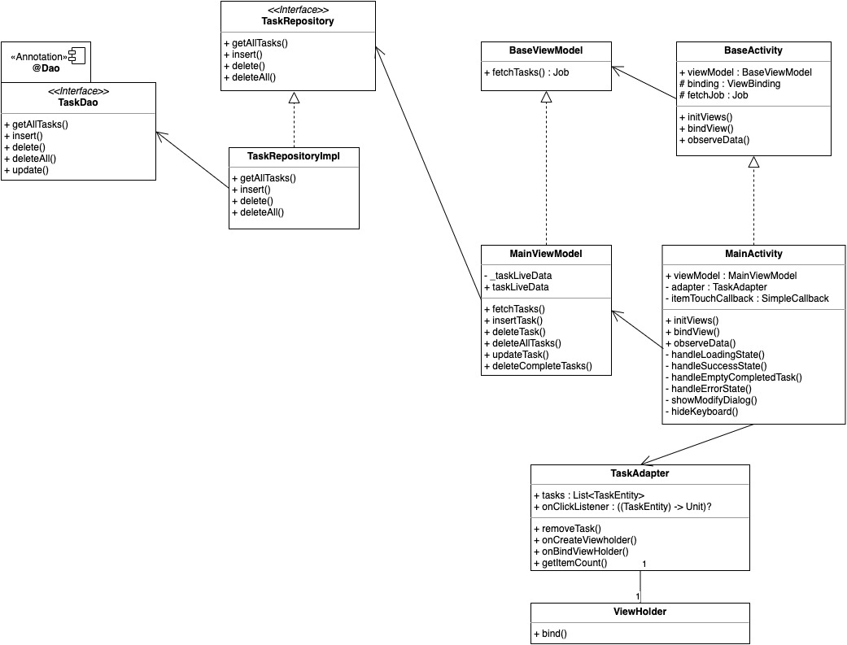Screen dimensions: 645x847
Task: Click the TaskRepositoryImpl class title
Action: pos(293,155)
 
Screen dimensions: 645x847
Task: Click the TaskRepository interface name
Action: pos(298,21)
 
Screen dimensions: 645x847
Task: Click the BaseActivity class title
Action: pos(753,50)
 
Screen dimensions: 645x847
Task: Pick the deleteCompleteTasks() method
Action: pos(538,366)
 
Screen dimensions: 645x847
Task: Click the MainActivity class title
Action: pos(753,254)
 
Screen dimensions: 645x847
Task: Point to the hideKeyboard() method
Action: pos(702,412)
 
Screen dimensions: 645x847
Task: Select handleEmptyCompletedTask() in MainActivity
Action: pos(733,377)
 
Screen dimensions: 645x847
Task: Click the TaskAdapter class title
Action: pos(639,473)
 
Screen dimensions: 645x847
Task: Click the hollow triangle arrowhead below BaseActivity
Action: pos(753,162)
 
